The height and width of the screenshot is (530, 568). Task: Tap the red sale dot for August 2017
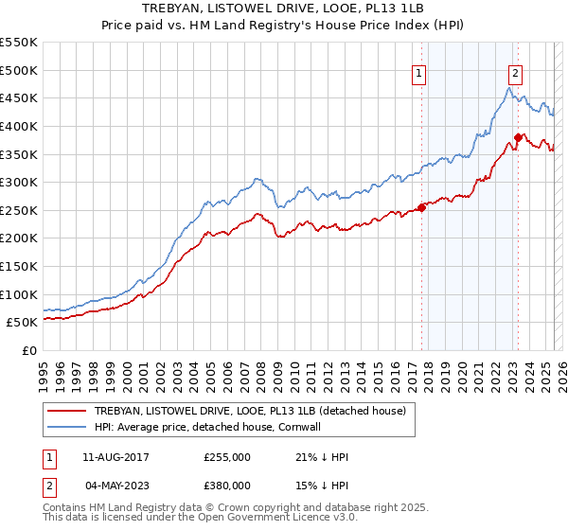pyautogui.click(x=421, y=208)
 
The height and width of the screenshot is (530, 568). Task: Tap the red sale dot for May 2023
pyautogui.click(x=518, y=138)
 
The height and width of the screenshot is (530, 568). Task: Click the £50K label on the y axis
pyautogui.click(x=22, y=323)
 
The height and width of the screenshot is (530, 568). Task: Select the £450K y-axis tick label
pyautogui.click(x=19, y=97)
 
